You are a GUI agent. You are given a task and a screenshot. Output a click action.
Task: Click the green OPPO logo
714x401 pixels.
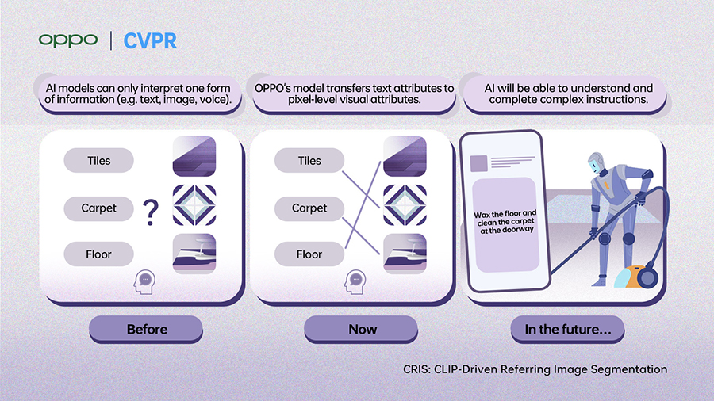tap(67, 40)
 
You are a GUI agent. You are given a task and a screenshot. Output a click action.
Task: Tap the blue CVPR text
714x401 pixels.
tap(150, 40)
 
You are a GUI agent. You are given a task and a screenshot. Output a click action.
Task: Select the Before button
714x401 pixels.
tap(147, 329)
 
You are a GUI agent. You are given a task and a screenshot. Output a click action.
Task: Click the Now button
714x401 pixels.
tap(362, 329)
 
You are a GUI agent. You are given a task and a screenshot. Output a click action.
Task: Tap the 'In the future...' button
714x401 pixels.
tap(567, 329)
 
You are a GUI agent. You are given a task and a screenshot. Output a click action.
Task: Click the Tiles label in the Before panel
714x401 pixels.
tap(99, 161)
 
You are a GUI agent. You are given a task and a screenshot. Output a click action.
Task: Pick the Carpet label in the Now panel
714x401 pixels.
tap(309, 208)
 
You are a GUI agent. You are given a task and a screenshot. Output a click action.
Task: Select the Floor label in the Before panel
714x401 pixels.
tap(99, 254)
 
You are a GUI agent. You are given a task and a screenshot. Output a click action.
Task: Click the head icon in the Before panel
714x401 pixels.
tap(144, 281)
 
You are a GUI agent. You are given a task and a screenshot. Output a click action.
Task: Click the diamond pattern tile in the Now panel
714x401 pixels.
tap(405, 207)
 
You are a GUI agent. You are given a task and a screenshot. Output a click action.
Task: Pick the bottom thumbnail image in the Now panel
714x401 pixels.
tap(405, 254)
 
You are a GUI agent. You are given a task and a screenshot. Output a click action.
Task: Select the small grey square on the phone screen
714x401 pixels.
tap(478, 163)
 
